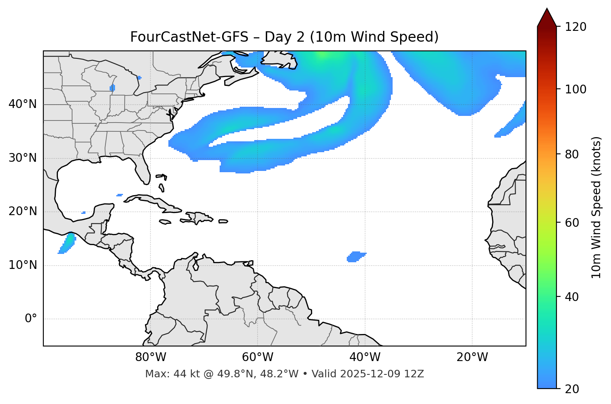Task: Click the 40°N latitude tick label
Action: coord(23,104)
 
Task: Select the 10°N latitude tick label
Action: coord(23,265)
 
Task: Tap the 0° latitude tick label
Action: coord(31,319)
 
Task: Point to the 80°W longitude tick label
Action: coord(150,357)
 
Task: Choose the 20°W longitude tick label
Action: coord(472,357)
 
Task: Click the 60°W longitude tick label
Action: coord(258,357)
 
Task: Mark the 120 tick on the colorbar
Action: coord(576,27)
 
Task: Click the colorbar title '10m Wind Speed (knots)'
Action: coord(596,208)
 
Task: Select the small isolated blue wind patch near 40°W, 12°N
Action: coord(355,257)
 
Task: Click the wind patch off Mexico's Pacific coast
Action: coord(67,243)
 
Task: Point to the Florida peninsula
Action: coord(143,171)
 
